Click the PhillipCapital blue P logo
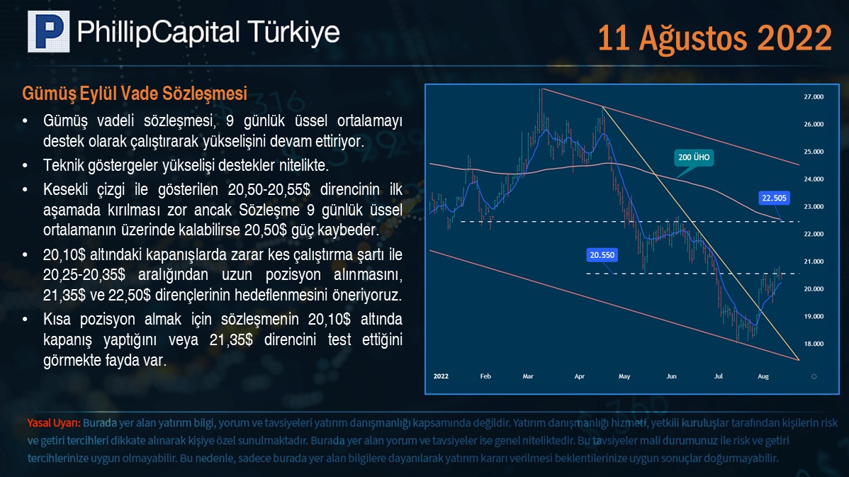pos(49,31)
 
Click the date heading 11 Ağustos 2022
pos(714,38)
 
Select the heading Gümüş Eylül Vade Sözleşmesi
pos(135,94)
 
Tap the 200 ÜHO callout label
pos(694,157)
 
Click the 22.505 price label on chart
pos(774,198)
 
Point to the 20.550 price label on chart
pos(602,255)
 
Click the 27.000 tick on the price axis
pos(814,97)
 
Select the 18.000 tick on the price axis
pos(814,344)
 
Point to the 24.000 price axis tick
pos(814,179)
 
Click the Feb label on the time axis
pos(485,376)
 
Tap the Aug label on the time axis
pos(763,376)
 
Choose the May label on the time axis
pos(624,376)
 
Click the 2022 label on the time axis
pos(441,376)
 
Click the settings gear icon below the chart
pos(814,376)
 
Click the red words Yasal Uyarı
pos(54,423)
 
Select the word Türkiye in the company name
pos(293,32)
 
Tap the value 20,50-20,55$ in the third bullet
pos(269,189)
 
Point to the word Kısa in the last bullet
pos(57,320)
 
